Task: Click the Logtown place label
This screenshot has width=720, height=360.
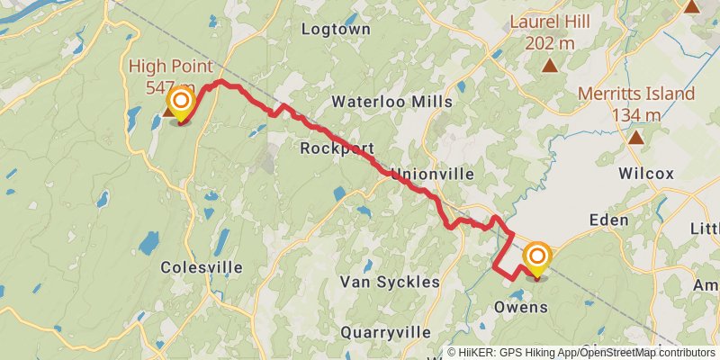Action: [336, 29]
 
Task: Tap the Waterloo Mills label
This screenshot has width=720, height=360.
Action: [391, 102]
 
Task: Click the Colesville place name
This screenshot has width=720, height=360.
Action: [202, 267]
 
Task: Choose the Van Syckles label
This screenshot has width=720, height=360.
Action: [390, 282]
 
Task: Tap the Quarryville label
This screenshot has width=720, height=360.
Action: [385, 332]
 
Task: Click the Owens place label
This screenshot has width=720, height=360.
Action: [521, 308]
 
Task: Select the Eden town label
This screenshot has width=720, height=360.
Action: [607, 220]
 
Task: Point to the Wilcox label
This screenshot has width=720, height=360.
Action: [646, 174]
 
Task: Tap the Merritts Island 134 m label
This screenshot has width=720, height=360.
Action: [636, 103]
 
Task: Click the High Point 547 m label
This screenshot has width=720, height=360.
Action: [171, 76]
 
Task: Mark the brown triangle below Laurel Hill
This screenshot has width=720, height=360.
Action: [549, 65]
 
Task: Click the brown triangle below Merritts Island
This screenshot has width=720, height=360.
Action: [636, 138]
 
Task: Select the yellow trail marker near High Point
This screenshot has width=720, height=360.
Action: [182, 102]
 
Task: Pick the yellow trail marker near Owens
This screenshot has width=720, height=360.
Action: [537, 258]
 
